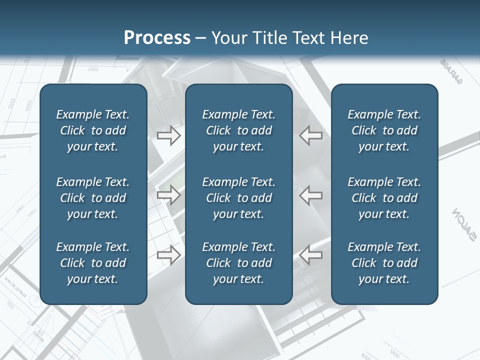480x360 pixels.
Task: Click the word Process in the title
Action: tap(157, 38)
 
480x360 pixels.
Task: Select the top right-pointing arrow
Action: tap(169, 135)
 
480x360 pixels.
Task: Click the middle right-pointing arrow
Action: tap(169, 195)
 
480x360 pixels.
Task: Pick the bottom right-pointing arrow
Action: tap(169, 254)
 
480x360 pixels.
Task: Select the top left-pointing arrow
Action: tap(311, 135)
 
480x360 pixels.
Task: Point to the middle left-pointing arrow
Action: tap(311, 195)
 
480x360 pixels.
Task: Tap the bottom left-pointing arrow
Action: tap(311, 254)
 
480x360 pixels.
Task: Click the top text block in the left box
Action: tap(93, 130)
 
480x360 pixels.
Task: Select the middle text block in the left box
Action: tap(93, 198)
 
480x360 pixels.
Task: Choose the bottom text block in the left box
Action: tap(93, 263)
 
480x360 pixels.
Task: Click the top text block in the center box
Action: tap(239, 130)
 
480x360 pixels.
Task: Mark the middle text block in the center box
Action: tap(239, 198)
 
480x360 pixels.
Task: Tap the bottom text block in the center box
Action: tap(239, 263)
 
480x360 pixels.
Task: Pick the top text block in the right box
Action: tap(384, 130)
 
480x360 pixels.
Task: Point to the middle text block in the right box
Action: tap(384, 198)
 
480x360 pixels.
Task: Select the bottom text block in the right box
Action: tap(384, 263)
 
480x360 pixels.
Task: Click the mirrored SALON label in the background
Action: tap(463, 224)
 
